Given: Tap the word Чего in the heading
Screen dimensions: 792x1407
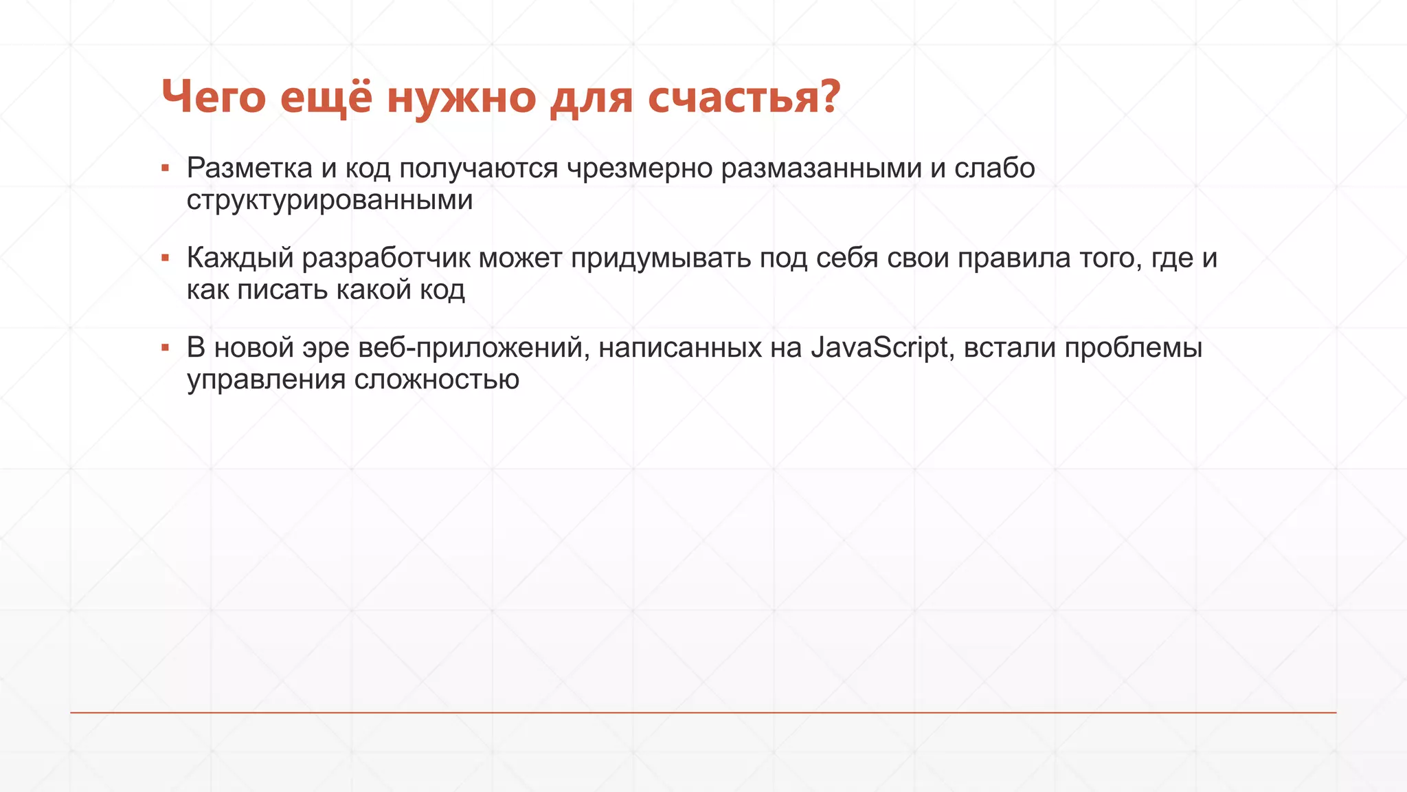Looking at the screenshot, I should [213, 98].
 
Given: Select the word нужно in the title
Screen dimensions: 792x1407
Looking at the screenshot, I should [461, 98].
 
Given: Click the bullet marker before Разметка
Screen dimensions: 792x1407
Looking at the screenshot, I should [165, 168].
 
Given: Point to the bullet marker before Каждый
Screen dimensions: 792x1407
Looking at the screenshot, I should [165, 258].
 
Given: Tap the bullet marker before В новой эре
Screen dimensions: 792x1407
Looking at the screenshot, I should [165, 348].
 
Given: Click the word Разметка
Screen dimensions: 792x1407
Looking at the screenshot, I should [249, 168].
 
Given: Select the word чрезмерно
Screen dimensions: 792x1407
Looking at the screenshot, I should [640, 168].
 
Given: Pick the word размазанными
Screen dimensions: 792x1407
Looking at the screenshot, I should [821, 168].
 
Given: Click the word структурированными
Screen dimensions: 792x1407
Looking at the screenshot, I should [330, 201].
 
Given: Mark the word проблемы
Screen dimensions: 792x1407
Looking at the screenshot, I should [1134, 348].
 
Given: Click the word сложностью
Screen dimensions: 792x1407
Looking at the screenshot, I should [436, 379].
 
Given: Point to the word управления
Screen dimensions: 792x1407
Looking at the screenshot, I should [267, 379].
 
